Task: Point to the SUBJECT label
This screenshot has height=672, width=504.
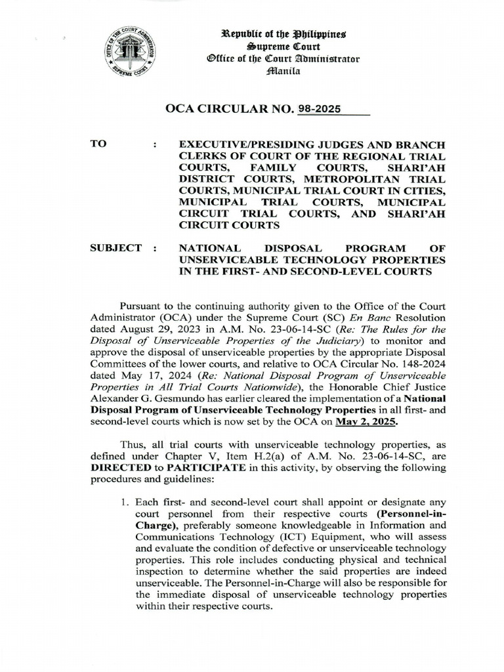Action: pyautogui.click(x=115, y=248)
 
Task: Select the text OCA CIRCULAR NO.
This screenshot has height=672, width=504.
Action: pyautogui.click(x=232, y=110)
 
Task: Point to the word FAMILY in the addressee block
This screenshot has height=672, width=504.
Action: pyautogui.click(x=269, y=167)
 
